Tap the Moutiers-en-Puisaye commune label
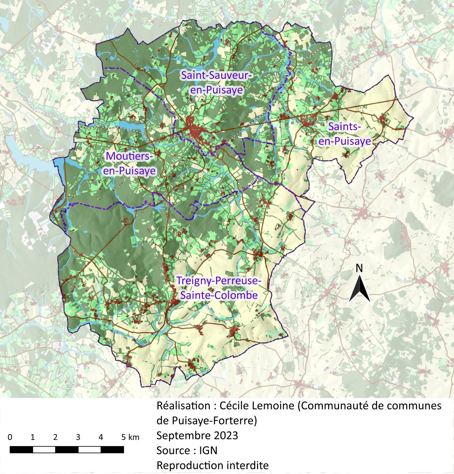pyautogui.click(x=130, y=163)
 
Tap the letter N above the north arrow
pyautogui.click(x=360, y=268)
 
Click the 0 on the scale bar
pyautogui.click(x=10, y=437)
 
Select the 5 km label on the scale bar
pyautogui.click(x=130, y=437)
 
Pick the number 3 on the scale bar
pyautogui.click(x=78, y=437)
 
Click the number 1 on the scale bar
pyautogui.click(x=33, y=437)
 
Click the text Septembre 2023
pyautogui.click(x=197, y=436)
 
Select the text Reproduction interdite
pyautogui.click(x=212, y=465)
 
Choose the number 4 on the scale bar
pyautogui.click(x=101, y=437)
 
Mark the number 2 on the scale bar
pyautogui.click(x=55, y=437)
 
